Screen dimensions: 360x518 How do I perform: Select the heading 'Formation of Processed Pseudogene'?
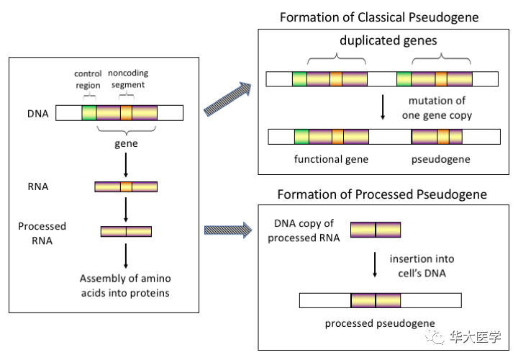pos(382,194)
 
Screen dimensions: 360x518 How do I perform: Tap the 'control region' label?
pos(88,79)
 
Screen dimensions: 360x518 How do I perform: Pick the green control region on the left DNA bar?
pos(88,113)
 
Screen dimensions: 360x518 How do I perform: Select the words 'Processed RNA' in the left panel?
pos(42,232)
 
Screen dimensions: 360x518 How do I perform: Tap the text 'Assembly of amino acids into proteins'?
pos(126,284)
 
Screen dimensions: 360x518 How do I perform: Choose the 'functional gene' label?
pos(331,159)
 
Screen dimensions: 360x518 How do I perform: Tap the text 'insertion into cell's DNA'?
pos(422,265)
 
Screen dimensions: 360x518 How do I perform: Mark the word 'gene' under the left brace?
pos(127,143)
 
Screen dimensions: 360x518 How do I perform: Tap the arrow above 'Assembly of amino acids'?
pos(126,256)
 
